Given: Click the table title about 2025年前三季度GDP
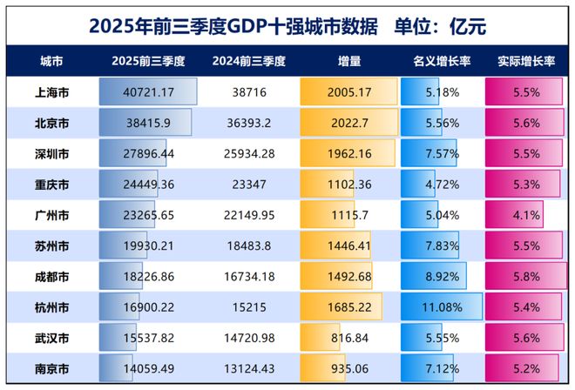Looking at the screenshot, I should click(287, 25).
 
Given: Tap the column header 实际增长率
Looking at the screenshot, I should click(525, 63).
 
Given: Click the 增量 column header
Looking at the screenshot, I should click(349, 63).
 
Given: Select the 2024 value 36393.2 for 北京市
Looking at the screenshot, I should click(250, 123).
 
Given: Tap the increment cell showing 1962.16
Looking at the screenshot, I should click(349, 153).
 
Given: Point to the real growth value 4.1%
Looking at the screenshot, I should click(525, 215).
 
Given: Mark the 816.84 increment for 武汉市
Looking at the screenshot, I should click(349, 337).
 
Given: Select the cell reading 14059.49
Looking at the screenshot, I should click(149, 368).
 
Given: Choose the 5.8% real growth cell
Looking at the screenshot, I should click(525, 276).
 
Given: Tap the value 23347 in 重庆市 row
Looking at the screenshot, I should click(250, 184).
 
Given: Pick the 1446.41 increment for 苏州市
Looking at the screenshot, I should click(349, 245).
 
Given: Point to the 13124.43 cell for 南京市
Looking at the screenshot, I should click(250, 368).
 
